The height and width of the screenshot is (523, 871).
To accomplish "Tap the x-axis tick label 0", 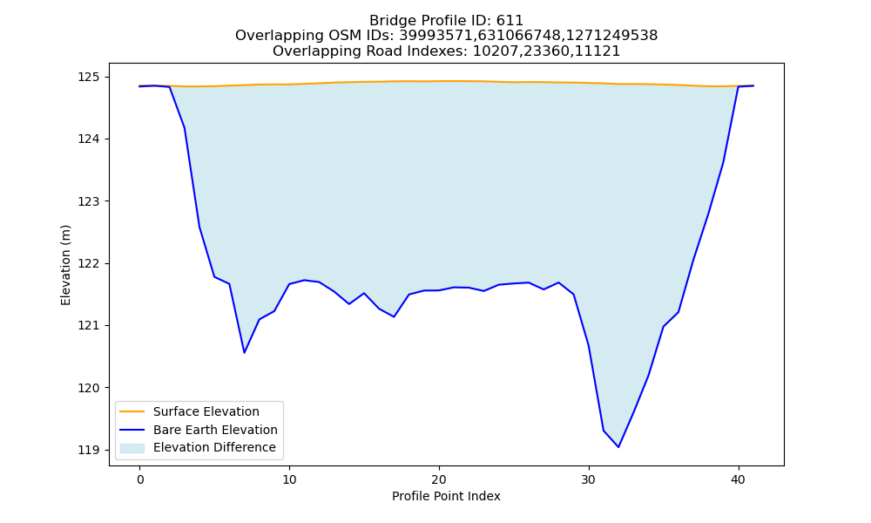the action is [x=140, y=479].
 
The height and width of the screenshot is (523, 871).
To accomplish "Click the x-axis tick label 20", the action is [x=439, y=479].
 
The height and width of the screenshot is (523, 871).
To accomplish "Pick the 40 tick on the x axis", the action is [x=739, y=479].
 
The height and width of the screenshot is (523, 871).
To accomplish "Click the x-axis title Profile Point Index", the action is [x=446, y=496].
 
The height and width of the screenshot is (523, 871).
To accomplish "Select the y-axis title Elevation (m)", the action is [x=65, y=265].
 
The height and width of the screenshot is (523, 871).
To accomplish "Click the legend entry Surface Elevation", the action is [x=206, y=411].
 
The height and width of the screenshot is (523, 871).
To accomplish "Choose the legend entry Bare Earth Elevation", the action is [x=215, y=430].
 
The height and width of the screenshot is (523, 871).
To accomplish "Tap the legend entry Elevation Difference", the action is [x=214, y=447].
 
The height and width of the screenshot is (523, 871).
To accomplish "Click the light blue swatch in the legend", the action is [x=132, y=448].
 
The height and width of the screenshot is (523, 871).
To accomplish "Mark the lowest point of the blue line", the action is [x=618, y=447].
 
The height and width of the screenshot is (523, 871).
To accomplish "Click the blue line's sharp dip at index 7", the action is [x=245, y=352].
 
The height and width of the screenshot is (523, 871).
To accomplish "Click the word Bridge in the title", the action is [x=388, y=21].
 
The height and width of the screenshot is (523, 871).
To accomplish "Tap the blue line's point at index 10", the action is [x=289, y=284].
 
